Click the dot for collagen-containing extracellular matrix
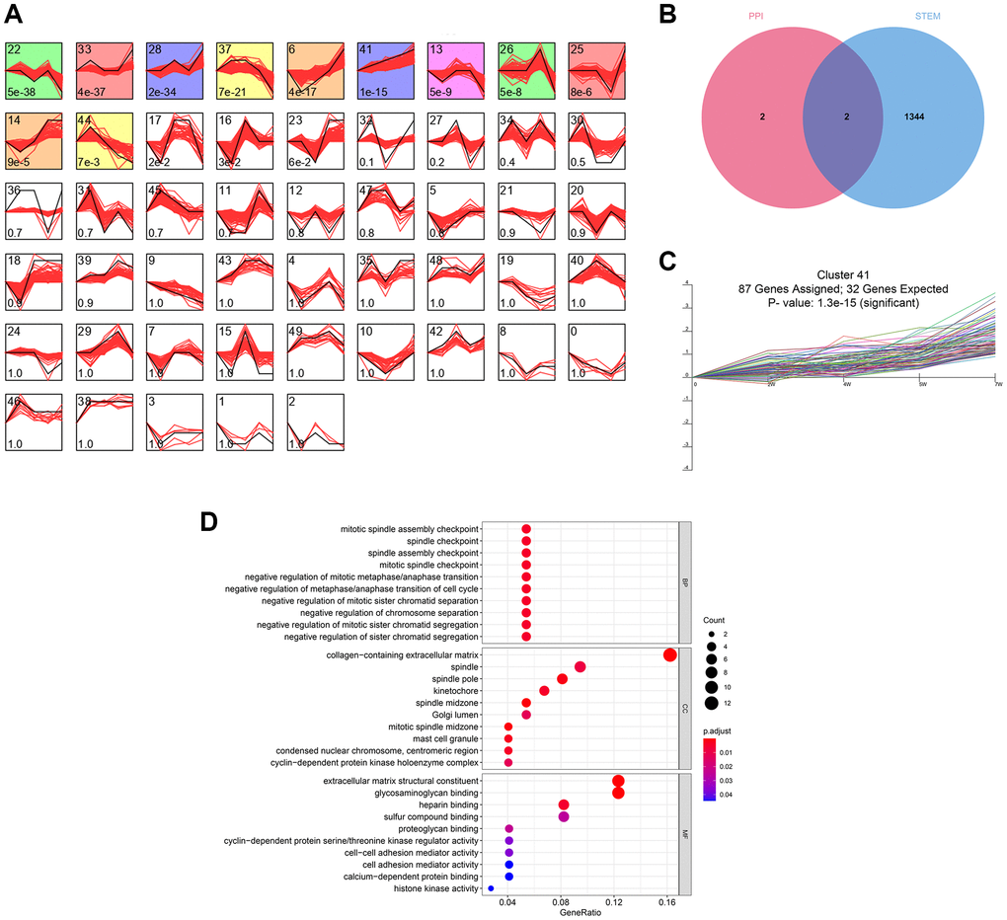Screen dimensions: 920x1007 pos(670,654)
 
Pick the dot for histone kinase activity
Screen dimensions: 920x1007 pos(491,888)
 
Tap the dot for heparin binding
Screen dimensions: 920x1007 pos(564,805)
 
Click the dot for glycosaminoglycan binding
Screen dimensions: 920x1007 pos(618,793)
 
